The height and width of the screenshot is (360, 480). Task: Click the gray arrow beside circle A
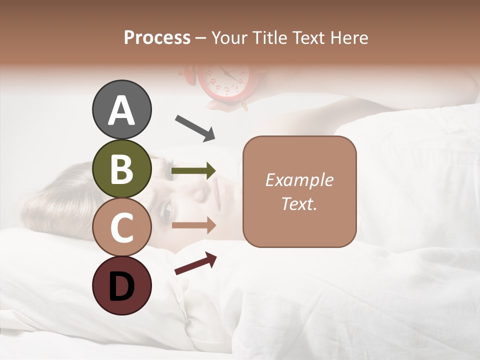coord(195,127)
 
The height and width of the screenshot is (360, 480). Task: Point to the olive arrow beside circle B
coord(193,171)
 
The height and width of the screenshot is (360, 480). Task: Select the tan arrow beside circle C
coord(193,225)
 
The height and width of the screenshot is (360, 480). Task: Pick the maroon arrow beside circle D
coord(195,263)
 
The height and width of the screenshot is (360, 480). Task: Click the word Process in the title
coord(157,37)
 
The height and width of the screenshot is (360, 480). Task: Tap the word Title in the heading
coord(270,37)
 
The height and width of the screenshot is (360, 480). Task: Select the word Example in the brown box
coord(299,180)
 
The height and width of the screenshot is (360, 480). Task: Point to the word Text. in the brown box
coord(299,204)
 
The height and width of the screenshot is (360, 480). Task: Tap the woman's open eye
coord(165,212)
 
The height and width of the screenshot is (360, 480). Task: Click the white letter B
coord(121,169)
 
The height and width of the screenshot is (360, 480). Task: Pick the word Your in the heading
coord(230,37)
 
